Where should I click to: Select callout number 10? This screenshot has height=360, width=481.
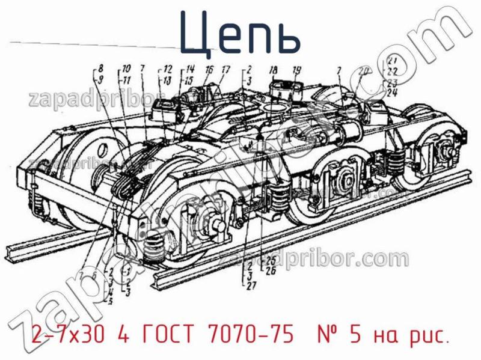(126, 67)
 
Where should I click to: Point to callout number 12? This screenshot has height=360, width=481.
(168, 68)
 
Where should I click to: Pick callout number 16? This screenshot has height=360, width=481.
(209, 70)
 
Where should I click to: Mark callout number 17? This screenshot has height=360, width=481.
(225, 70)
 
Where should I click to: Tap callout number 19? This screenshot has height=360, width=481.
(296, 70)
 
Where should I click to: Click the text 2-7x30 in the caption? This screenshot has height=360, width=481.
(64, 334)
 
